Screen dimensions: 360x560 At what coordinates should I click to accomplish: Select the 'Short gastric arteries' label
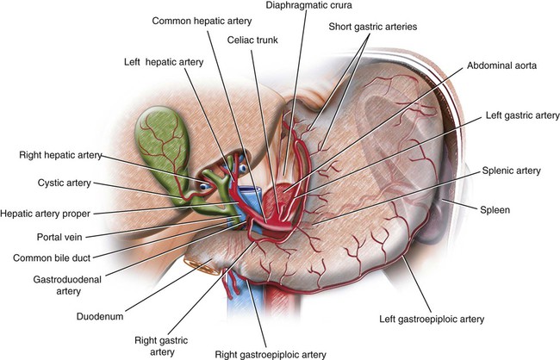tap(372, 27)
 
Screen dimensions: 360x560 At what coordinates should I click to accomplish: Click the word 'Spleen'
tap(497, 209)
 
